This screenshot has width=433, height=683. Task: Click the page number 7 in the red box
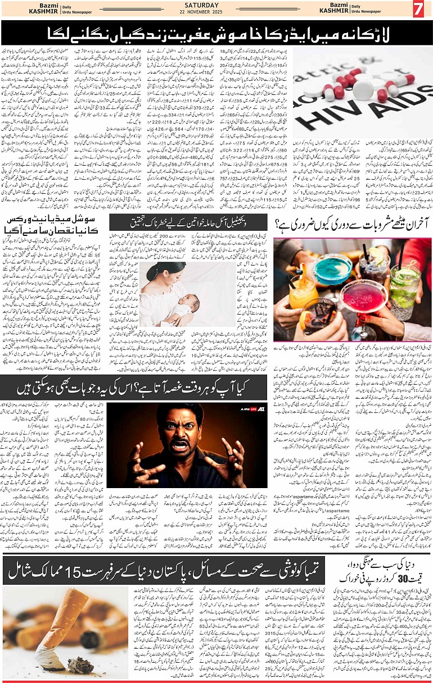(418, 10)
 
